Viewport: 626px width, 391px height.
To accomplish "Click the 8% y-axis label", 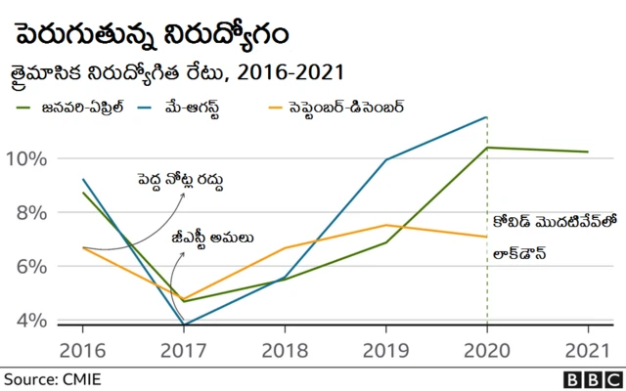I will pos(28,212).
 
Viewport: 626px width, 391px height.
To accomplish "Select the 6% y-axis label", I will pos(28,267).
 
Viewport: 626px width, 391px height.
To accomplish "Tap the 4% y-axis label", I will pos(28,321).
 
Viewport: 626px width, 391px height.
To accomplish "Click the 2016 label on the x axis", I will pos(83,349).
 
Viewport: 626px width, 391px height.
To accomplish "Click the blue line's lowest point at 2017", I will pos(184,325).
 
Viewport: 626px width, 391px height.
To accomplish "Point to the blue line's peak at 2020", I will pos(487,117).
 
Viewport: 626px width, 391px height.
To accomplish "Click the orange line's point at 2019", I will pos(386,225).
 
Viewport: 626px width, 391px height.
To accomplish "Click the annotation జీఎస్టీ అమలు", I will pos(213,236).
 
